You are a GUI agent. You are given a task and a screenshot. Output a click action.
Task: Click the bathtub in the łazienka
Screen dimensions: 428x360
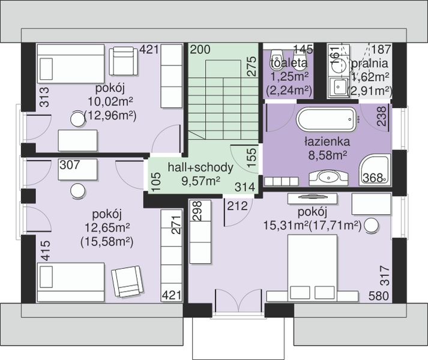327,119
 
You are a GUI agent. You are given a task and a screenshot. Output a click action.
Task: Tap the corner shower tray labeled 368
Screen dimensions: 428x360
375,169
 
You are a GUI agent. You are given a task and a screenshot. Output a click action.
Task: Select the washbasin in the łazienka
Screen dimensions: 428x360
328,178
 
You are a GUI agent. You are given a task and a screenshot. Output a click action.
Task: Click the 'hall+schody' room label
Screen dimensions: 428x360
200,167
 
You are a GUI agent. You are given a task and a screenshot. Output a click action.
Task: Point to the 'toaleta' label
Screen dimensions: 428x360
289,63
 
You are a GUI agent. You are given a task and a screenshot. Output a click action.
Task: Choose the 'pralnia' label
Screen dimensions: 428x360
369,64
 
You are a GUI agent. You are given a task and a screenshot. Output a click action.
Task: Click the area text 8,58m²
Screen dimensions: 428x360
328,155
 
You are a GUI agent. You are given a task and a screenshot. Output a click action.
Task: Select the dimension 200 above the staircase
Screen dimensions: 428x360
200,50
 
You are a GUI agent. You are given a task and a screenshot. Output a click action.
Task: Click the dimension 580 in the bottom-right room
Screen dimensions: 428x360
379,296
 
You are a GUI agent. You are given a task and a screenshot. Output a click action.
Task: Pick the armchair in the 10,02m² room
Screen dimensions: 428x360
124,61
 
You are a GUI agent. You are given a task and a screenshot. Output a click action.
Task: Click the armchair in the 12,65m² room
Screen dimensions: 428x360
127,281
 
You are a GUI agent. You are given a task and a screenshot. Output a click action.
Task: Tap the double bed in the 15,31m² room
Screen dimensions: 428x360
312,268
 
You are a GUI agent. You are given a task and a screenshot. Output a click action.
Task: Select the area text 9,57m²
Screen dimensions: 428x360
201,180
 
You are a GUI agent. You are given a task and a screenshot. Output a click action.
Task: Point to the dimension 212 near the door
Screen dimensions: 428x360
237,206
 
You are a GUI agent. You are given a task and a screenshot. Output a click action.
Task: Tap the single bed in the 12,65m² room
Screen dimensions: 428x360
71,282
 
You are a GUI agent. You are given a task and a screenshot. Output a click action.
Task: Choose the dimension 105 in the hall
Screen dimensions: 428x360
156,182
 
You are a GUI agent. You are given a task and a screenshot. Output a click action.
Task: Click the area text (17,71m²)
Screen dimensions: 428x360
335,226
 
